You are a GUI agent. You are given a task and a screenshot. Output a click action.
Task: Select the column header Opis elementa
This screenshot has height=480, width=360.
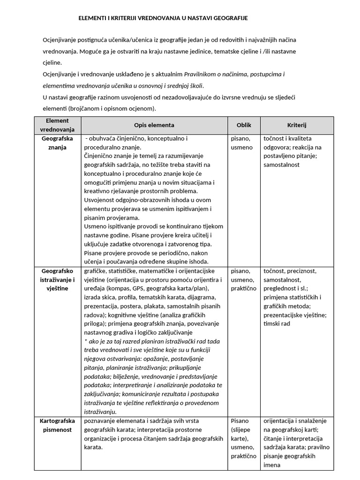click(x=154, y=125)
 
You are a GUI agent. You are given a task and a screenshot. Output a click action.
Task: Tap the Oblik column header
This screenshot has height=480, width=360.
click(x=244, y=125)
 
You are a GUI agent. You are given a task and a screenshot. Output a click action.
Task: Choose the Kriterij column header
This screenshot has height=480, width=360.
click(x=297, y=125)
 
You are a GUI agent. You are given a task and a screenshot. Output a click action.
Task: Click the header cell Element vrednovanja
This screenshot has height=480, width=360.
click(x=58, y=125)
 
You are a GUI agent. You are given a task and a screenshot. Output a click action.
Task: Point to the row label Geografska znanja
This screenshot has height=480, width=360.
click(x=58, y=143)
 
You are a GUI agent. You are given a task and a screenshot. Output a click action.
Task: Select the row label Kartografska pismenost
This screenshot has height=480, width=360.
click(x=58, y=425)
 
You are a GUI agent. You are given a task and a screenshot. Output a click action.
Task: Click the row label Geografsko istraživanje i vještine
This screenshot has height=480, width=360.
click(x=58, y=280)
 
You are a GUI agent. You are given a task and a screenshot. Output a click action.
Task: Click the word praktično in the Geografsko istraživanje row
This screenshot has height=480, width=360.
click(x=244, y=289)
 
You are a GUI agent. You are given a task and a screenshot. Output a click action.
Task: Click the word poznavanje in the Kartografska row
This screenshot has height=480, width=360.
click(x=100, y=421)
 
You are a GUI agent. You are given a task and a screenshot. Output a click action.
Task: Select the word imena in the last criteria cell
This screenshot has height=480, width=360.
click(x=272, y=465)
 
